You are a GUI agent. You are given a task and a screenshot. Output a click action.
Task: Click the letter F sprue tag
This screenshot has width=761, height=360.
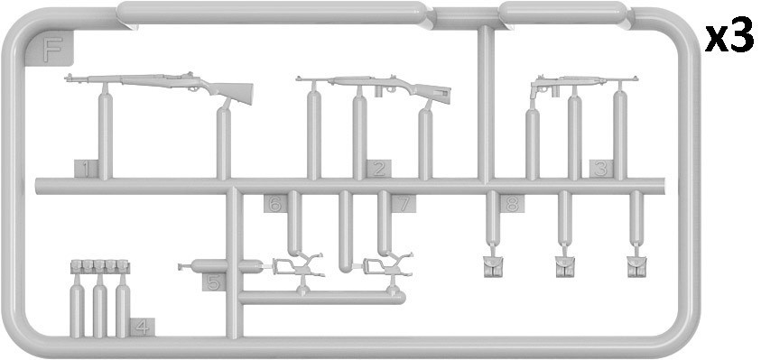coord(51,49)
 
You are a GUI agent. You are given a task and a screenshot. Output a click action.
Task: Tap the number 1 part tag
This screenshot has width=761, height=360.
coord(87,169)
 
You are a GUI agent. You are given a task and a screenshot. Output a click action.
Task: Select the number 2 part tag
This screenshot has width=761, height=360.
coord(379,169)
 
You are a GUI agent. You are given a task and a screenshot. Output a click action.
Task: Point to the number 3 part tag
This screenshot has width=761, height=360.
coord(601,169)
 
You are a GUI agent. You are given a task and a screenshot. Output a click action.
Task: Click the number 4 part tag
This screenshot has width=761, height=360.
coord(143,327)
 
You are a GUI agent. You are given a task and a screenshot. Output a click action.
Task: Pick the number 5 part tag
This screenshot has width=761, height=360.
coord(214,282)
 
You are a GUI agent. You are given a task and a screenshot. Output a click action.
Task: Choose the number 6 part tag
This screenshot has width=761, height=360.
coord(275,203)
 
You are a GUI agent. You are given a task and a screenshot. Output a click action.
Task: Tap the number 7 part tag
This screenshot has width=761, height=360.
coord(404,203)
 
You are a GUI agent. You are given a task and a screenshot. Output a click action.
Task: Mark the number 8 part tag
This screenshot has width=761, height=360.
coord(512,203)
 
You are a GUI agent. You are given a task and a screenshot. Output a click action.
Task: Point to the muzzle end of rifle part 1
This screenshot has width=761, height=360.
coord(66,78)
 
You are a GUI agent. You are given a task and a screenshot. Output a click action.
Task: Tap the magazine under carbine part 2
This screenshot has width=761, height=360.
coord(378,92)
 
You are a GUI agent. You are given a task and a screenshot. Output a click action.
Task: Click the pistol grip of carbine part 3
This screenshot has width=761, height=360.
coord(534,92)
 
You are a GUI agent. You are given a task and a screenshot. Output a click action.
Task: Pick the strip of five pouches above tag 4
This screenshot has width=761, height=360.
coord(100,266)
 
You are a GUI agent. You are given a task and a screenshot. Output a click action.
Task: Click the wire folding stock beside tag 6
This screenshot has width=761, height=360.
coord(298,266)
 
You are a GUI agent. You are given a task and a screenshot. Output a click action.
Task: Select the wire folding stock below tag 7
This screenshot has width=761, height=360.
coord(388,265)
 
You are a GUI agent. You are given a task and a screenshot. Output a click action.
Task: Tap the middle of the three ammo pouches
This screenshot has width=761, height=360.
coord(565,266)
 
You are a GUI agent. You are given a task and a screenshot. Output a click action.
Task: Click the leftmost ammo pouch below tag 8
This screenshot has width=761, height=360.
coord(493,266)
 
